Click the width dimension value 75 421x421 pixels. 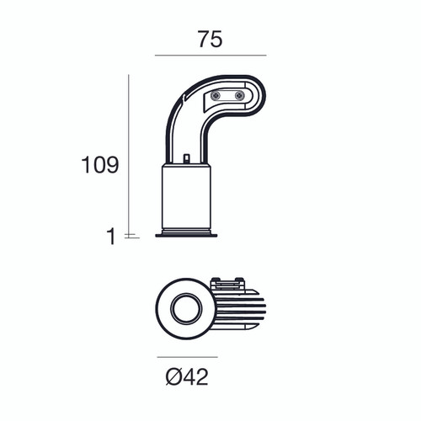click(x=210, y=40)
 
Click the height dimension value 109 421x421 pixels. click(x=99, y=165)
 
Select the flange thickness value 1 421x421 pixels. click(x=110, y=237)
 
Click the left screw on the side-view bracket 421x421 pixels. click(x=216, y=96)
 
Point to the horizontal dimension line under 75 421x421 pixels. click(x=210, y=56)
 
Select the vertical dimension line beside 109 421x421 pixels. click(x=129, y=152)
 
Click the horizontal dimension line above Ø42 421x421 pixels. click(x=186, y=356)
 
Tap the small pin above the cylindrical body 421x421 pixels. click(x=186, y=157)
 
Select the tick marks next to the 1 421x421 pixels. click(x=129, y=236)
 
